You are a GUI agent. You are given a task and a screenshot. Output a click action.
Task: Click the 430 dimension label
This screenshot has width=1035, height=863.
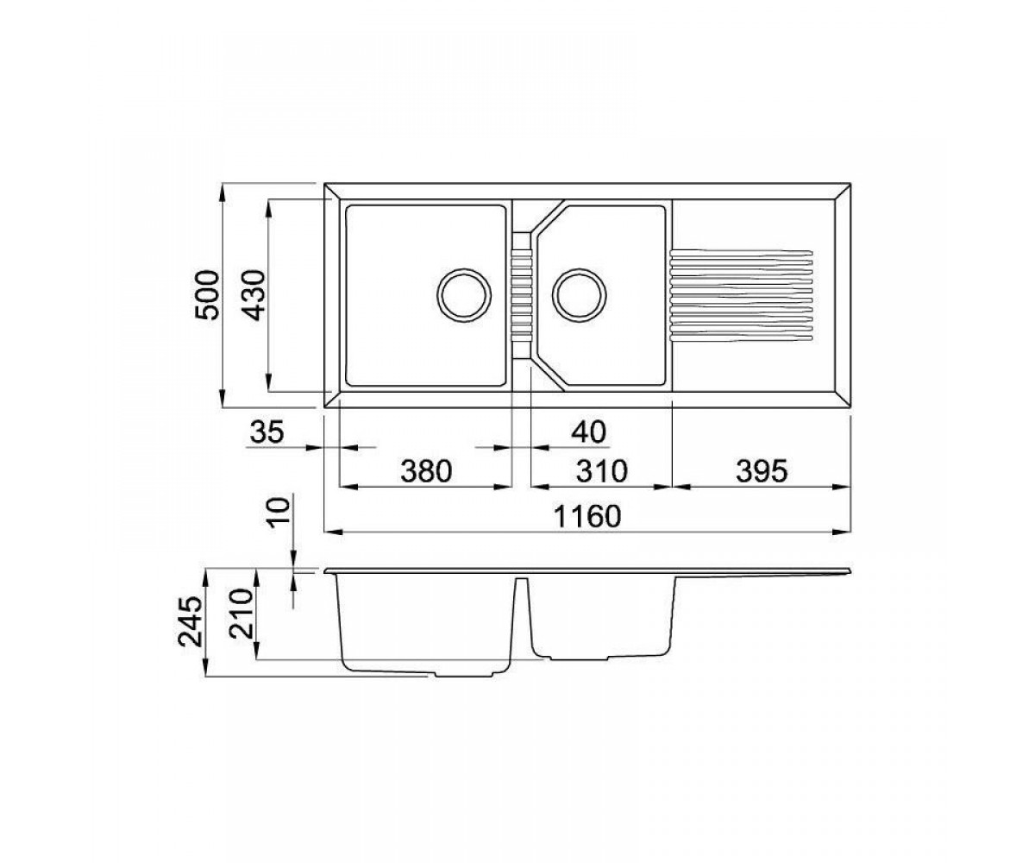pos(255,296)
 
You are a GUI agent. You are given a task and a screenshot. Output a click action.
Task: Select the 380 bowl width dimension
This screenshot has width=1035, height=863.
pos(426,471)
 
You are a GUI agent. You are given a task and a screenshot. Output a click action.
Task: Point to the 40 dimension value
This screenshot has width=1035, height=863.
pos(588,431)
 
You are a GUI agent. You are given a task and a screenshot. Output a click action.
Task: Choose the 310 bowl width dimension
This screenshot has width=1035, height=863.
pos(602,471)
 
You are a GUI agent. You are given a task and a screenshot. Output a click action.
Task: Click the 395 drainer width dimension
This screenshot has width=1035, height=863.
pos(762,471)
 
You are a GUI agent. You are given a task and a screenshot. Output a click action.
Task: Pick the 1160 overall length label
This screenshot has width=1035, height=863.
pos(586,516)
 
